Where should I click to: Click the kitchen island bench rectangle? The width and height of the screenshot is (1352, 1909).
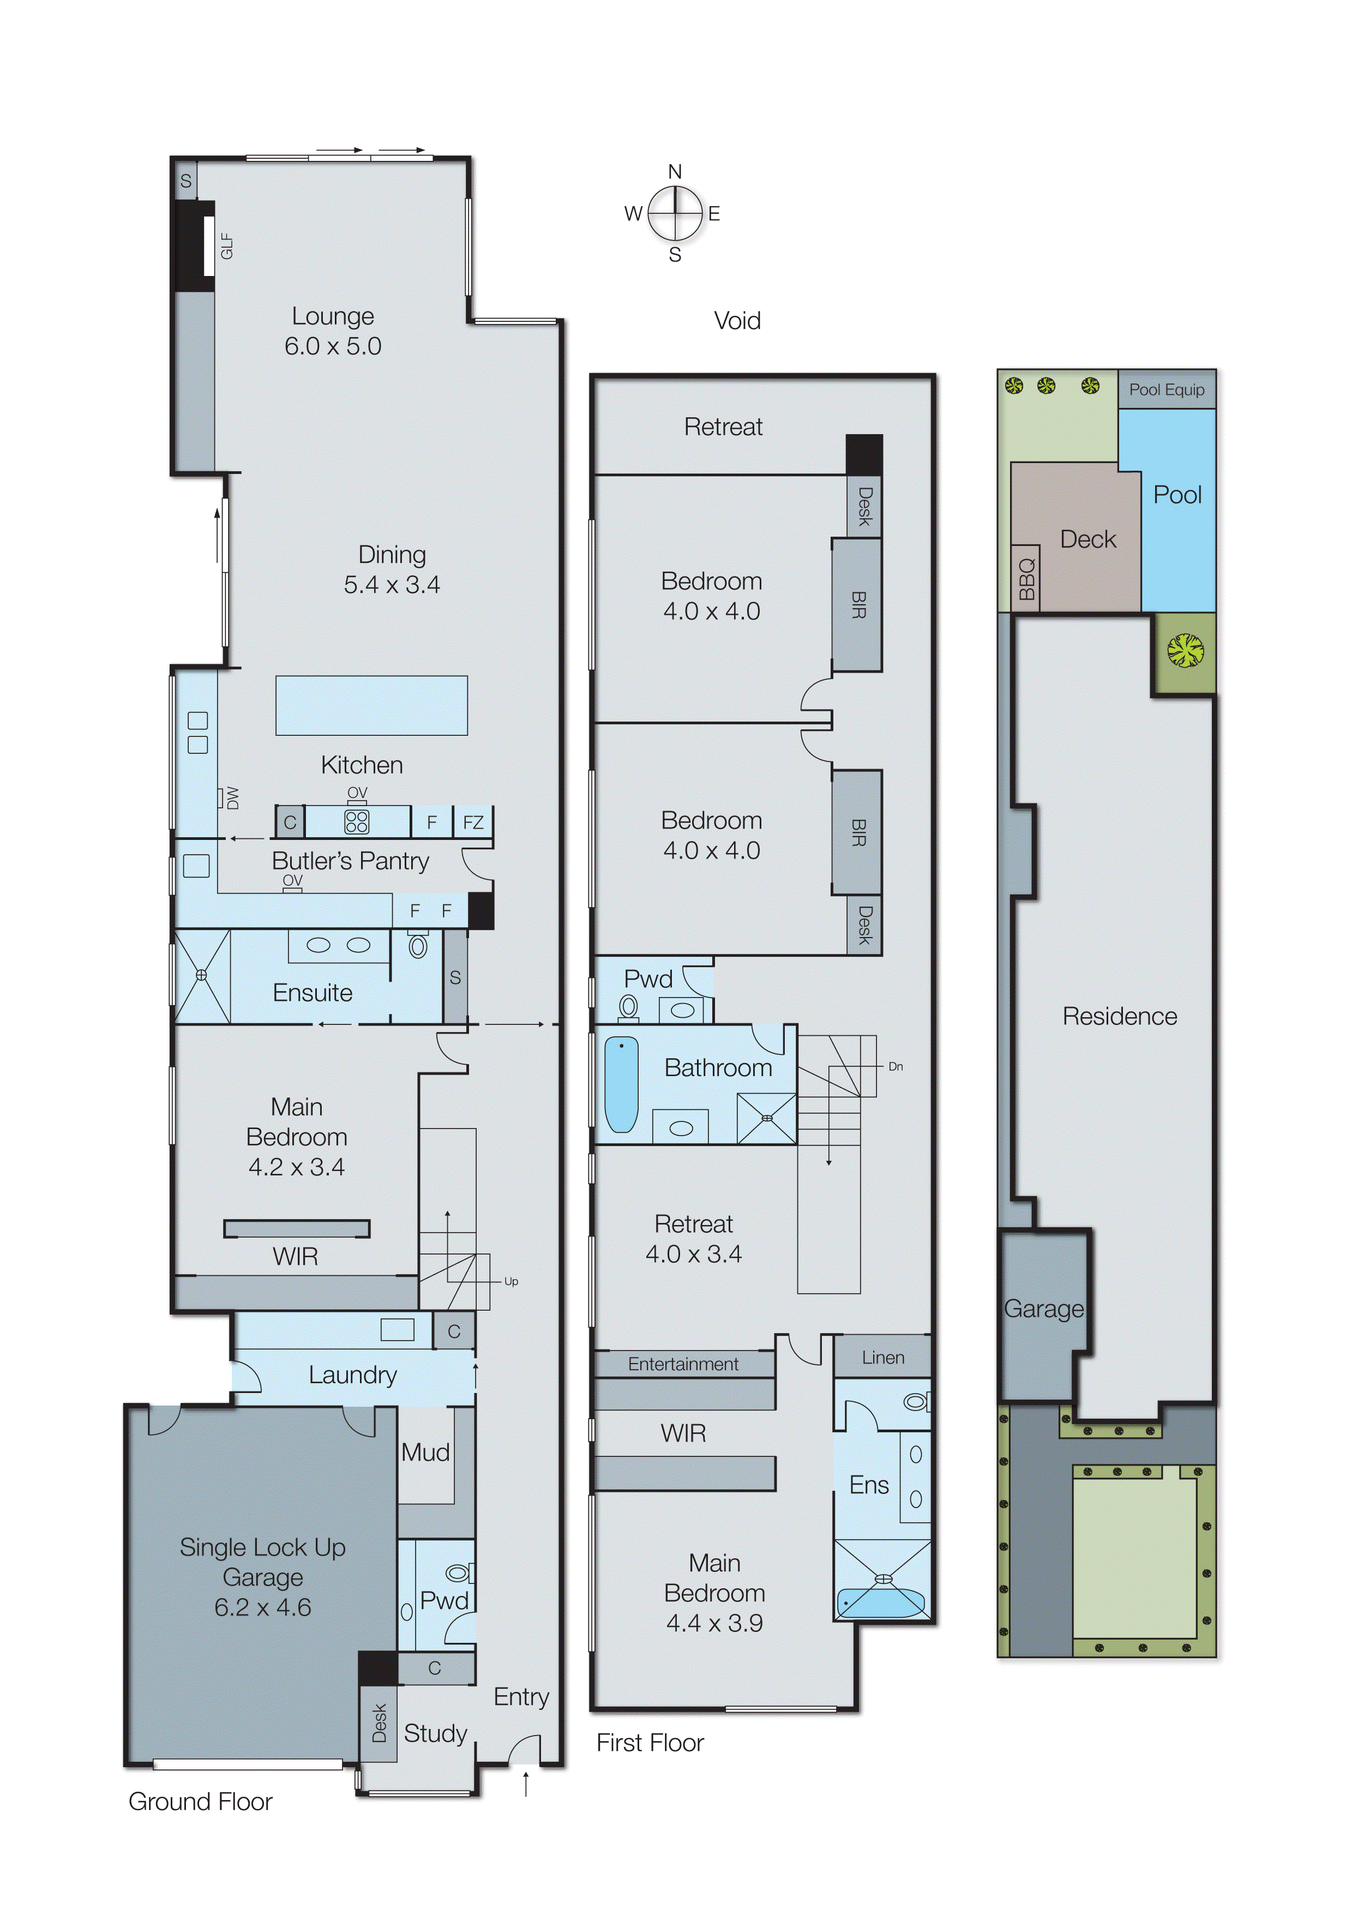tap(371, 705)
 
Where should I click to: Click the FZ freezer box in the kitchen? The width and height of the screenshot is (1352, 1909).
tap(473, 823)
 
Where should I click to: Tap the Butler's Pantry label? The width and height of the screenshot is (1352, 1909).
tap(351, 861)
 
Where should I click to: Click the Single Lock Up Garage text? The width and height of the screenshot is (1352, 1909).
tap(263, 1577)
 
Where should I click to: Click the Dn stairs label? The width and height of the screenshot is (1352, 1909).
tap(896, 1066)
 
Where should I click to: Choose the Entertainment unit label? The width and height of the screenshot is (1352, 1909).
tap(683, 1364)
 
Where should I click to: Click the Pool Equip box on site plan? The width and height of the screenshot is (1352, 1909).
tap(1167, 389)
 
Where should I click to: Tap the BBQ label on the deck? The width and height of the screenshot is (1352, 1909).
tap(1026, 579)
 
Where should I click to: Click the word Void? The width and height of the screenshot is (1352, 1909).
tap(737, 321)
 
